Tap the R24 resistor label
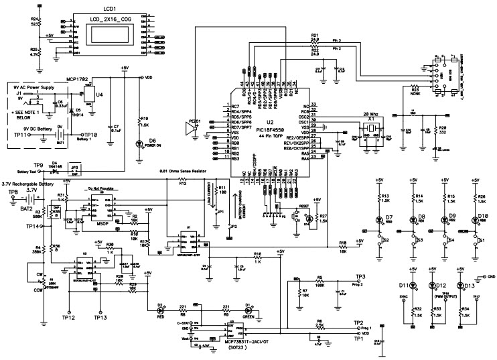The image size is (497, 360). tap(35, 18)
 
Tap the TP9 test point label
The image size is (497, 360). tap(39, 164)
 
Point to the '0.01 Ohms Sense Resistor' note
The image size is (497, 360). tap(191, 172)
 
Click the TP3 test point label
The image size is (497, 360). tap(360, 277)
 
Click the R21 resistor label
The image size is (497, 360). tap(315, 35)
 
